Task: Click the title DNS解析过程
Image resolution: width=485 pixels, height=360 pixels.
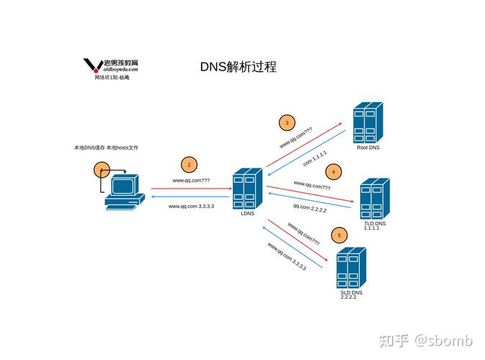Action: (x=238, y=67)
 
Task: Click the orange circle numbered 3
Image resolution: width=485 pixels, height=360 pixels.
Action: (x=287, y=122)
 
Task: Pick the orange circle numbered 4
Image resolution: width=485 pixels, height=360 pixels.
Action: (x=333, y=171)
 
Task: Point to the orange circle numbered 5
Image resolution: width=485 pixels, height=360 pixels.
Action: (x=339, y=235)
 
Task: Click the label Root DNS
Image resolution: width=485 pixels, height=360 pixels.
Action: (x=368, y=148)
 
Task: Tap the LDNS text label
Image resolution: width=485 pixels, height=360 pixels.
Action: (x=247, y=214)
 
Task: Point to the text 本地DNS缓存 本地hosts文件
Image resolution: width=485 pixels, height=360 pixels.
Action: (x=106, y=148)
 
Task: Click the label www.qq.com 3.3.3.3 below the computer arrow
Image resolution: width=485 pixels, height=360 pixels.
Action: (x=191, y=207)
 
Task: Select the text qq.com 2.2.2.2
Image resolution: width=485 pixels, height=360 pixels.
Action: (x=309, y=209)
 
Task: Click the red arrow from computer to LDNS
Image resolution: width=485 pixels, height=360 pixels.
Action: (x=190, y=189)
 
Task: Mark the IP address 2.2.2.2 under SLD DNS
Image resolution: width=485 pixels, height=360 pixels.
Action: (x=349, y=298)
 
